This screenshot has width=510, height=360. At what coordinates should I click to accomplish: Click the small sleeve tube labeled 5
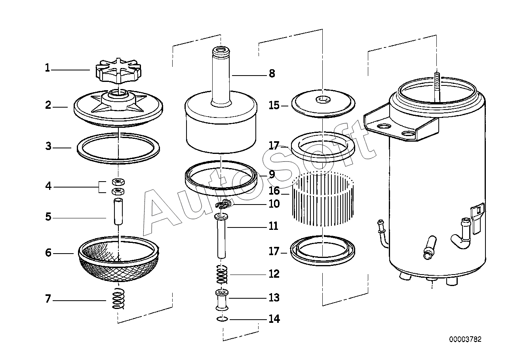[118, 212]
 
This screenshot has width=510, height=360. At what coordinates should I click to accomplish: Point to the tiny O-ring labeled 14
[222, 319]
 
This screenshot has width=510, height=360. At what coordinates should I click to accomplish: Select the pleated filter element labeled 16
[323, 200]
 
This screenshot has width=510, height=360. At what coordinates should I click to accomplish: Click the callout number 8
[272, 74]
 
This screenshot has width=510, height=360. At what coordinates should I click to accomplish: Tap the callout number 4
[48, 186]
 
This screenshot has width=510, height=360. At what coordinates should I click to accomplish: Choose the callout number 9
[272, 174]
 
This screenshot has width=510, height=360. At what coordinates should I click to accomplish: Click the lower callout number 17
[274, 252]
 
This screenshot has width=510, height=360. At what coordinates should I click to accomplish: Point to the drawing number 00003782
[465, 339]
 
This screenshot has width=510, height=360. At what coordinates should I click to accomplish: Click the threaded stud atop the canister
[436, 85]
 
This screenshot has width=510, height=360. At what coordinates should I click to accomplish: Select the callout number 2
[48, 106]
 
